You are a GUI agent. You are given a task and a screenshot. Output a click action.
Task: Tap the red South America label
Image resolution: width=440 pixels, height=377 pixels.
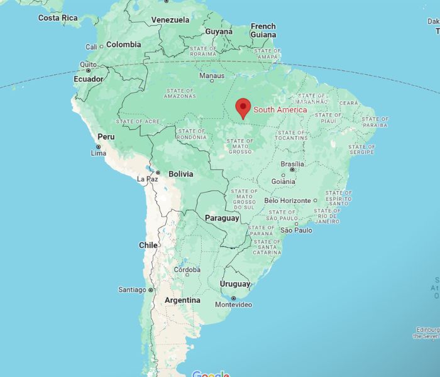[x=280, y=110]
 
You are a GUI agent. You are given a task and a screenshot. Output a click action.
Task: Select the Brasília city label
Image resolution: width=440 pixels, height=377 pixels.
[x=292, y=163]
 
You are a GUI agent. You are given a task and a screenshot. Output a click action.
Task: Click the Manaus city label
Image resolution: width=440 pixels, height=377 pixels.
[x=211, y=75]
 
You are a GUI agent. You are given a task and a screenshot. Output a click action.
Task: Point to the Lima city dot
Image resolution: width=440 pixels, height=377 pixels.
[x=98, y=146]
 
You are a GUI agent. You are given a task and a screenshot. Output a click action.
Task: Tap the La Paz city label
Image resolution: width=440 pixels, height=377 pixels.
[x=147, y=179]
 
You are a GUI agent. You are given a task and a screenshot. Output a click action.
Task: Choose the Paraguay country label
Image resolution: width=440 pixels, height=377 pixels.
[x=222, y=218]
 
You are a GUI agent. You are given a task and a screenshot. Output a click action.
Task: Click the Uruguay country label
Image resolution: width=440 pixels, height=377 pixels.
[x=234, y=284]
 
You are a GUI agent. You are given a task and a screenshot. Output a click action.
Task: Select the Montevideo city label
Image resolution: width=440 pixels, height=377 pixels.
[x=233, y=305]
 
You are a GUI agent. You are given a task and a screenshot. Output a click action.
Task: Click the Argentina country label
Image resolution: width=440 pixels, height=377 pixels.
[x=182, y=300]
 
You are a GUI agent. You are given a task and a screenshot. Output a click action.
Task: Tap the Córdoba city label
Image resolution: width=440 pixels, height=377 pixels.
[x=187, y=270]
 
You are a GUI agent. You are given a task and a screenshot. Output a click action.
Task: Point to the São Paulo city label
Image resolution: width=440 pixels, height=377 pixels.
[x=296, y=231]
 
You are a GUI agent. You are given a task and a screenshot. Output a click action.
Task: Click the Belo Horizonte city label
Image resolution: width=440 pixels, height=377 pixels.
[x=287, y=200]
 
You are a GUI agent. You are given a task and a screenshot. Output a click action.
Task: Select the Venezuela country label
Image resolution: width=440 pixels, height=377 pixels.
[x=170, y=20]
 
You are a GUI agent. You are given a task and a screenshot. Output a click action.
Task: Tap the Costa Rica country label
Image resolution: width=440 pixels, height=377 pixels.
[x=58, y=18]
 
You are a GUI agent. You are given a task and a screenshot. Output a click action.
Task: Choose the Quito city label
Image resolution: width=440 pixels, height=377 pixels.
[x=88, y=64]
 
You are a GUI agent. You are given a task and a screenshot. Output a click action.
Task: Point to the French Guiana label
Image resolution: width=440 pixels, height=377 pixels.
[x=263, y=30]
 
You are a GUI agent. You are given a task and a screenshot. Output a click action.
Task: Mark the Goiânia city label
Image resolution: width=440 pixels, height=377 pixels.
[x=283, y=181]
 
